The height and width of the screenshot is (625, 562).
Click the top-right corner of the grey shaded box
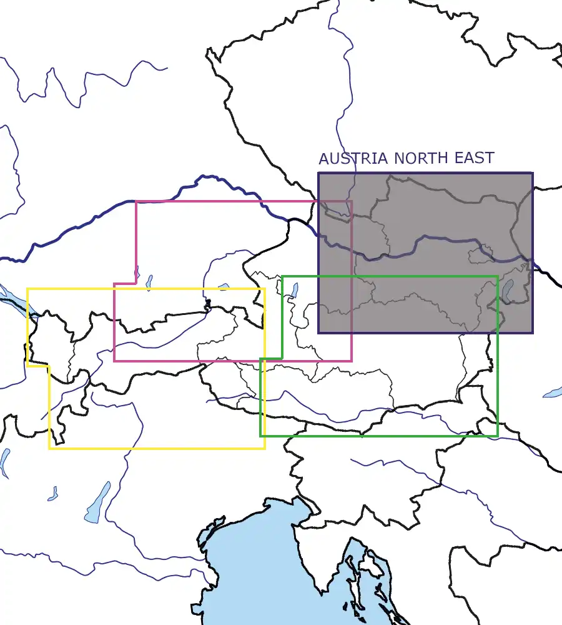[x=532, y=173]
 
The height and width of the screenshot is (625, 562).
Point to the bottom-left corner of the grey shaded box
[x=319, y=332]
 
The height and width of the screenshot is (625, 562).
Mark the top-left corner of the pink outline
[x=136, y=202]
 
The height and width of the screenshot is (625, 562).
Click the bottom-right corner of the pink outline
[x=351, y=360]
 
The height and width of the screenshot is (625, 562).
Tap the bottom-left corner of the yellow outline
[x=50, y=447]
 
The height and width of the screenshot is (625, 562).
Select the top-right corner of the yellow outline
[x=264, y=289]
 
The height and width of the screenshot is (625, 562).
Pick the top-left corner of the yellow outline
[x=27, y=289]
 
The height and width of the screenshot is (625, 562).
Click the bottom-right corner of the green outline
[x=497, y=436]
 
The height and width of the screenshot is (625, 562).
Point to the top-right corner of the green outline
[x=497, y=276]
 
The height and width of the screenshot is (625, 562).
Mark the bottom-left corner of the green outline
[x=261, y=436]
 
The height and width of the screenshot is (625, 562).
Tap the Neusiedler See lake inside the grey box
[x=508, y=291]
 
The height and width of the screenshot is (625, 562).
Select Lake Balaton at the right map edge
[x=552, y=392]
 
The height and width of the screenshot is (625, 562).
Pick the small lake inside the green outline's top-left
[x=294, y=289]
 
